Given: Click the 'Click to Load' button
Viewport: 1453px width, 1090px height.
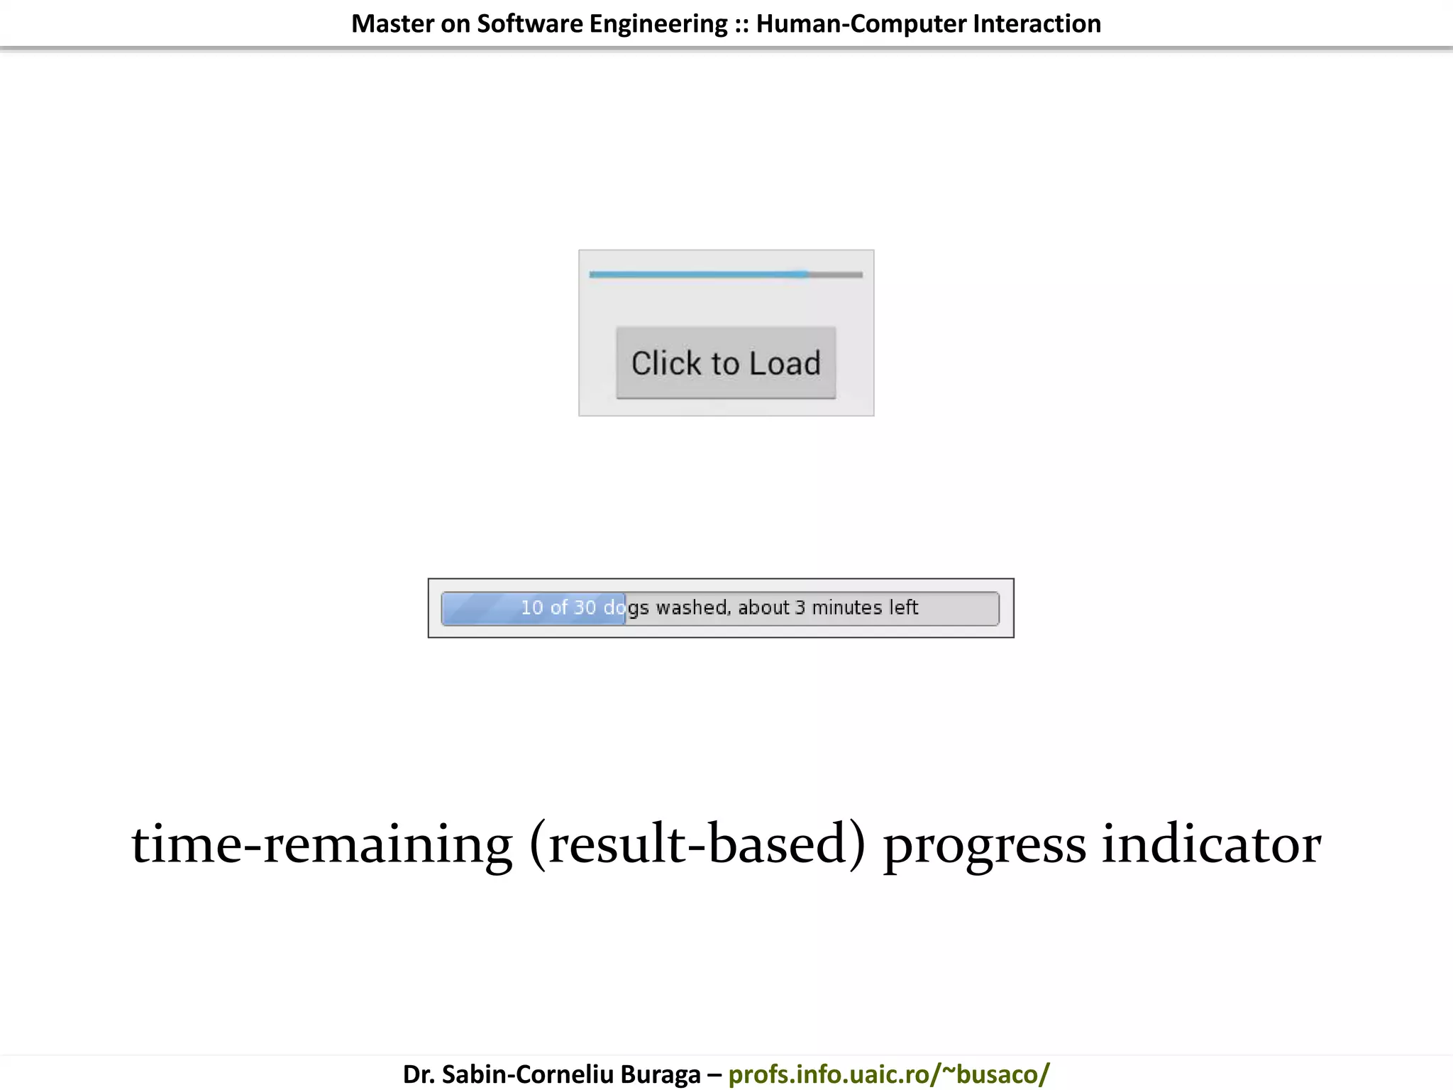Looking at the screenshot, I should pyautogui.click(x=726, y=363).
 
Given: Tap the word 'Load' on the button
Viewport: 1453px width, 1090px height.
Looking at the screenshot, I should pyautogui.click(x=785, y=363).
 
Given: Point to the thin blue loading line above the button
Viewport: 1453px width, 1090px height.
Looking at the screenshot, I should pyautogui.click(x=699, y=274).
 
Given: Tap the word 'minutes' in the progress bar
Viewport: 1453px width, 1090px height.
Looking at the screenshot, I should pyautogui.click(x=846, y=607).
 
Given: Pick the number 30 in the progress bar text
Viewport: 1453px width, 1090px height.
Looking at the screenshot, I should pyautogui.click(x=585, y=607).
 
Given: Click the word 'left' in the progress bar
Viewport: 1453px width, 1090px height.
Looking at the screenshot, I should pyautogui.click(x=903, y=607).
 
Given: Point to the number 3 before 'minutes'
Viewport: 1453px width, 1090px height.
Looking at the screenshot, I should pyautogui.click(x=800, y=607).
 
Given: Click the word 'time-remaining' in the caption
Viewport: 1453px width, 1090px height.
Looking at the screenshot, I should pyautogui.click(x=321, y=844).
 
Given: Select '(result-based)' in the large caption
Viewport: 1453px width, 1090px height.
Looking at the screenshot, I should pyautogui.click(x=697, y=844).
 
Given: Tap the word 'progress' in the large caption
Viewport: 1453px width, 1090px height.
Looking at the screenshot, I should pyautogui.click(x=984, y=844).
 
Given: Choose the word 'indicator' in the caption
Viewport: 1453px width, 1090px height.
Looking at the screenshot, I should pyautogui.click(x=1211, y=844).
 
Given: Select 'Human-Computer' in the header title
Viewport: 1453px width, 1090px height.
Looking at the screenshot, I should pyautogui.click(x=861, y=24).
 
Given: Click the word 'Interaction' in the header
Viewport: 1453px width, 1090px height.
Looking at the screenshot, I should pyautogui.click(x=1037, y=24).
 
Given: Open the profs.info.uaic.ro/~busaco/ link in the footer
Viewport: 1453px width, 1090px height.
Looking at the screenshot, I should pyautogui.click(x=888, y=1074).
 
